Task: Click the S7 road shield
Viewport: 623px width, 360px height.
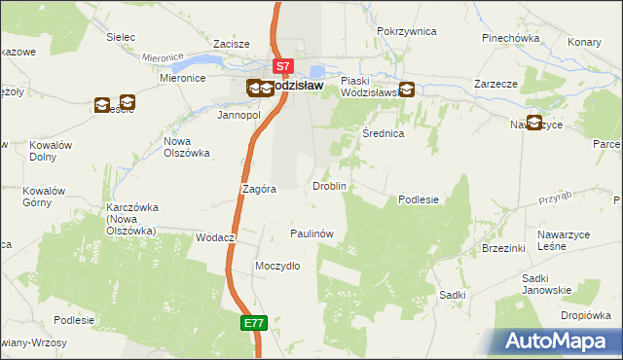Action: (282, 67)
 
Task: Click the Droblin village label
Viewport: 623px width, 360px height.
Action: (328, 185)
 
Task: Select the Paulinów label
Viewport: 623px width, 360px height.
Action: (312, 234)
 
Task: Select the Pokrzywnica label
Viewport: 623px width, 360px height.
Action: (406, 31)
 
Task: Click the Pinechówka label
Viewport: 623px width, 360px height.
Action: (510, 38)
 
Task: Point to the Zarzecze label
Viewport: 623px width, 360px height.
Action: (495, 84)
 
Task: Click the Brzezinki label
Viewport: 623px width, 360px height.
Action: (503, 248)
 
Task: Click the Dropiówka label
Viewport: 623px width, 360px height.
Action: (585, 315)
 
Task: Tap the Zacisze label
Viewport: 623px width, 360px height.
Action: (233, 44)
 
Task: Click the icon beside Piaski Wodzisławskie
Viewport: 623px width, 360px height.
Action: (407, 90)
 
